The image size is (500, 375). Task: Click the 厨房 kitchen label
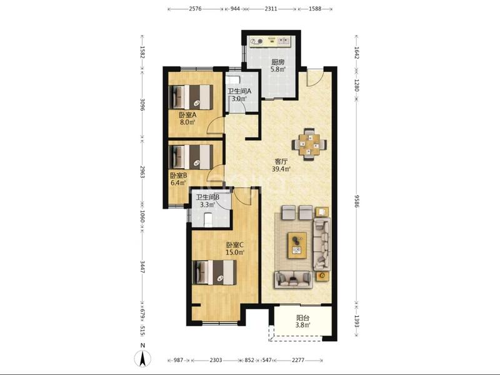(x=277, y=62)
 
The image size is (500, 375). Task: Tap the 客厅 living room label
(x=281, y=162)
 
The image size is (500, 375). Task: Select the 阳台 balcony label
(x=302, y=318)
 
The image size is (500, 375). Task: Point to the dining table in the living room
(x=309, y=144)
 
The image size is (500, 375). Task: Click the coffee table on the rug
(x=297, y=245)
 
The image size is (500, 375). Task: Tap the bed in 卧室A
(x=191, y=97)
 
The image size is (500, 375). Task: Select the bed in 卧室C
(x=215, y=272)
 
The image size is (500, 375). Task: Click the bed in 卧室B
(x=191, y=157)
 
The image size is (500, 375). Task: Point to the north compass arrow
(x=143, y=358)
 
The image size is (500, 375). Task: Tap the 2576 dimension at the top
(x=195, y=9)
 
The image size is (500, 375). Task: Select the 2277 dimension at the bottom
(x=298, y=360)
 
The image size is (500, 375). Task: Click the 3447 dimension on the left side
(x=142, y=267)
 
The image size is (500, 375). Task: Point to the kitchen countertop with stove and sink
(x=271, y=41)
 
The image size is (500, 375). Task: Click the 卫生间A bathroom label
(x=239, y=91)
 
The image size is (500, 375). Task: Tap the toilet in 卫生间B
(x=208, y=220)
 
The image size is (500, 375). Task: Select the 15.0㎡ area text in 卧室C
(x=235, y=252)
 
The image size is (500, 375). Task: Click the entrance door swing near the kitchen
(x=315, y=77)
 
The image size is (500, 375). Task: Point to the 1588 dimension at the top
(x=315, y=9)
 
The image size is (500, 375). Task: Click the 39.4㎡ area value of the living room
(x=281, y=169)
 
